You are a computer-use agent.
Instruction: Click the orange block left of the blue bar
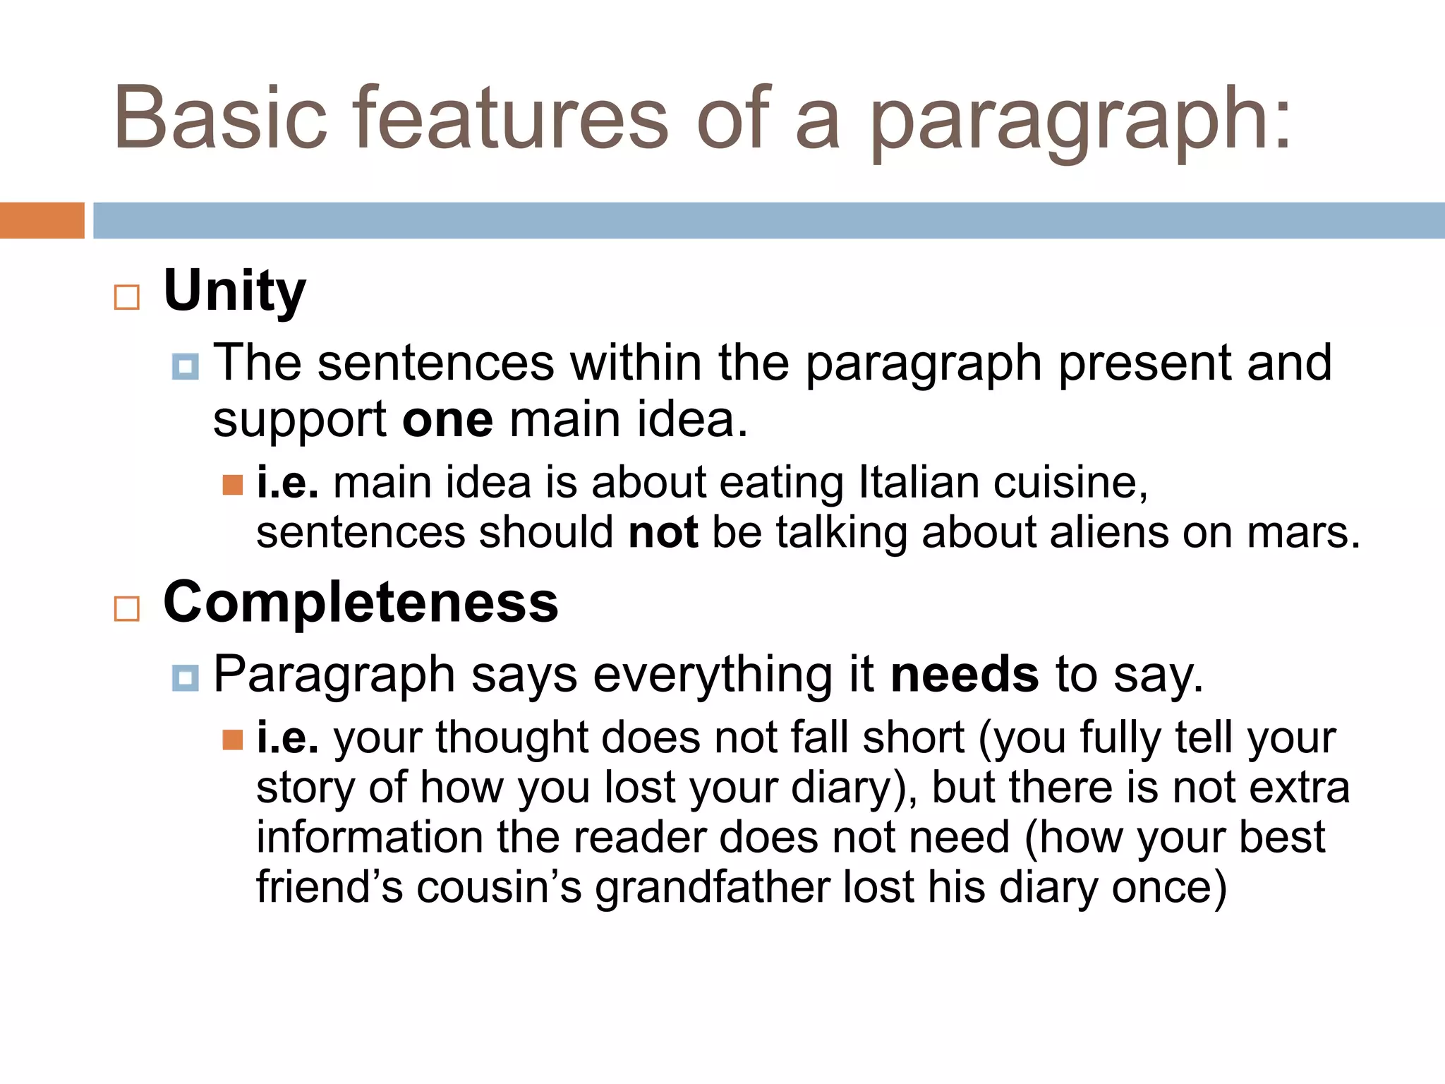[42, 220]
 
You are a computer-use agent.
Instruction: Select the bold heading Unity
[234, 291]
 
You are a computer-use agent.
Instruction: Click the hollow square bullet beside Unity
[127, 297]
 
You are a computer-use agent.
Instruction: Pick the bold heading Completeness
[361, 602]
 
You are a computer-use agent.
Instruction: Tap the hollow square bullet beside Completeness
[127, 608]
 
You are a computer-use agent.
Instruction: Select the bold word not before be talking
[663, 532]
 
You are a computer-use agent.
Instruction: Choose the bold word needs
[964, 674]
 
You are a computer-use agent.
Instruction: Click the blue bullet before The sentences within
[185, 367]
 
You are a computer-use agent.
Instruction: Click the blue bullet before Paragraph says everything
[185, 678]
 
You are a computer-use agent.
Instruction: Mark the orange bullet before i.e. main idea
[232, 485]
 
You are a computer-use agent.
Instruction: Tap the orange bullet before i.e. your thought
[232, 740]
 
